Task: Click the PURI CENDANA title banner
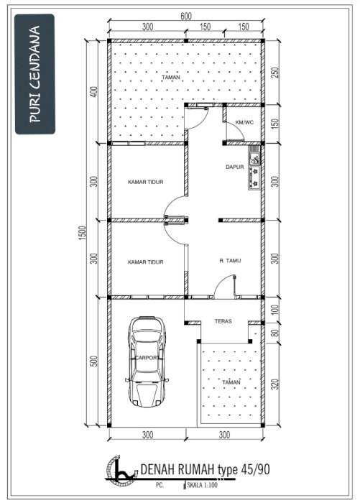[x=35, y=74]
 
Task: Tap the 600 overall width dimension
[x=186, y=17]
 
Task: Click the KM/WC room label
[x=244, y=122]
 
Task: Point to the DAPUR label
[x=234, y=167]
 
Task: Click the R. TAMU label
[x=230, y=261]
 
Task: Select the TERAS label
[x=223, y=320]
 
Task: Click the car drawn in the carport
[x=147, y=361]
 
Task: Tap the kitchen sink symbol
[x=254, y=156]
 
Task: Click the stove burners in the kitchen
[x=255, y=177]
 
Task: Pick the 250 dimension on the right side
[x=275, y=73]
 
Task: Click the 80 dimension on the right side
[x=275, y=333]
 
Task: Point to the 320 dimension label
[x=275, y=384]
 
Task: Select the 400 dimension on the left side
[x=93, y=92]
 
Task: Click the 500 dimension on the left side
[x=93, y=361]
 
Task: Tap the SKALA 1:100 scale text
[x=203, y=485]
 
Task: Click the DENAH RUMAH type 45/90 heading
[x=205, y=470]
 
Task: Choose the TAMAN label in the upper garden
[x=171, y=78]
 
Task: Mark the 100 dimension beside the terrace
[x=275, y=310]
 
